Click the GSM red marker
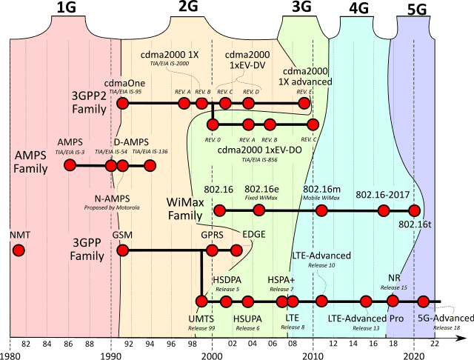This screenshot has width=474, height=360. pos(124,250)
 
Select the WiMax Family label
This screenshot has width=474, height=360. pos(185,208)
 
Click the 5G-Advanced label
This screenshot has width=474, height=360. pos(438,318)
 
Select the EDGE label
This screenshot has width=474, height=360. pos(254,235)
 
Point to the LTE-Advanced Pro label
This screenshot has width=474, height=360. pos(364,318)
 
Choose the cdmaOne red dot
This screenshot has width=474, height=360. pos(124,102)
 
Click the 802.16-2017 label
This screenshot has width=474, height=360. pos(383,195)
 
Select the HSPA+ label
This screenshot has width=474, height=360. pos(281,280)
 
